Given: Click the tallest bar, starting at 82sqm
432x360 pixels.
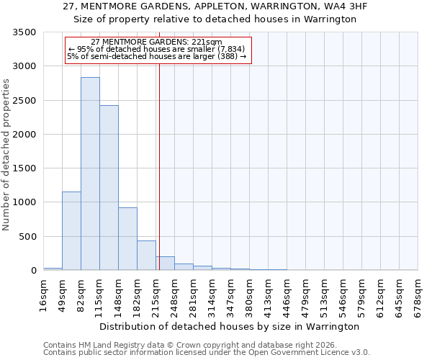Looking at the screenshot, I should click(x=90, y=174).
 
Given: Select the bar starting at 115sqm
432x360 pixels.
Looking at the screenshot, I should click(x=109, y=188).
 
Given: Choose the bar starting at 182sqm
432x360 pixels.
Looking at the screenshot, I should click(x=146, y=256).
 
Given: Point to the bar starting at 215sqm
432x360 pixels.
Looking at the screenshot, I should click(x=165, y=264).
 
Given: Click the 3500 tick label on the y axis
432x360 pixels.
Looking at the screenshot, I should click(x=24, y=33).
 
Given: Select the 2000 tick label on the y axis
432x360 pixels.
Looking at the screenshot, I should click(x=24, y=135).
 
